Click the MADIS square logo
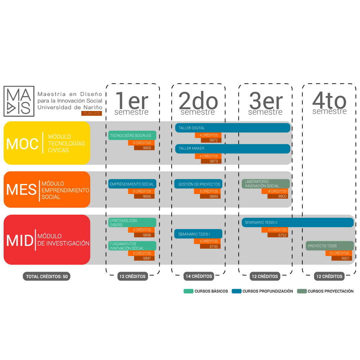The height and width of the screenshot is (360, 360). coord(19,101)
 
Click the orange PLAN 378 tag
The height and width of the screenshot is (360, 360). coord(91,113)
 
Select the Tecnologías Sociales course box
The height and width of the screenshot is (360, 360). coord(132,135)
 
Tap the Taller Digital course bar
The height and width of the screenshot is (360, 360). coord(233,128)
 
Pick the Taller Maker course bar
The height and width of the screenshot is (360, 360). coord(233,149)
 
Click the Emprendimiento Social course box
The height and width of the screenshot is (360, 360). coord(132,184)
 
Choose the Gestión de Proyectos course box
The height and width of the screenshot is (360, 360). coord(198,184)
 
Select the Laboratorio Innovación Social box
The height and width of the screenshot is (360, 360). coord(266,184)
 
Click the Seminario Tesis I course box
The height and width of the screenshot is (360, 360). coord(198,234)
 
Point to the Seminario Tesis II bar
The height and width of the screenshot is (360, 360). coord(298,222)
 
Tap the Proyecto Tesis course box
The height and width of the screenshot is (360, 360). coord(329,246)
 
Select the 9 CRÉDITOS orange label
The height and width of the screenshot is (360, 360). coord(275,191)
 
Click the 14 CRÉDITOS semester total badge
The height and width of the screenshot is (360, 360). coord(199,276)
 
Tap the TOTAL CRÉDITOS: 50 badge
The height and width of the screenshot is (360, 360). coord(47,276)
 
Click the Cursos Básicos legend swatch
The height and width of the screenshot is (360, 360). coord(188,291)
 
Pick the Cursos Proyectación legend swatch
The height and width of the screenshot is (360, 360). coord(302,291)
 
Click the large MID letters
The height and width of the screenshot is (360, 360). coord(20,240)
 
